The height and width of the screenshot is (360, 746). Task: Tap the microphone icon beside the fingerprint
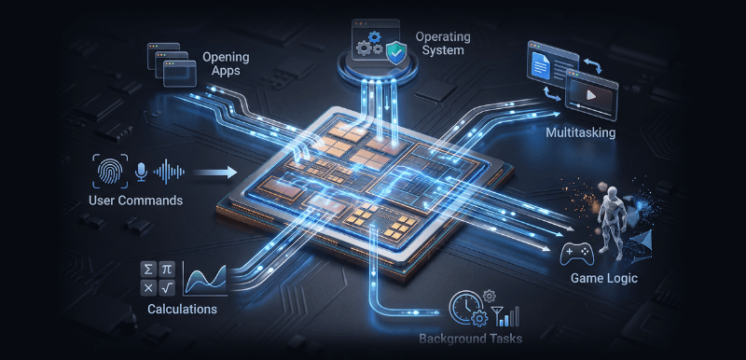[141, 172]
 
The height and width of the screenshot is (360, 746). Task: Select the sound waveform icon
[170, 172]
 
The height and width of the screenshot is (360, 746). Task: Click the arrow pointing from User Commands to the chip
[214, 173]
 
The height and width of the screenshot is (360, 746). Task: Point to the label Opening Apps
[226, 64]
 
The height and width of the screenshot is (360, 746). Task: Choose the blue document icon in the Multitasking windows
[541, 65]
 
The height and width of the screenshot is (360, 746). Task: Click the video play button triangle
[591, 94]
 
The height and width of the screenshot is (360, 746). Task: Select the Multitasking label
[580, 132]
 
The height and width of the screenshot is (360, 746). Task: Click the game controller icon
[575, 254]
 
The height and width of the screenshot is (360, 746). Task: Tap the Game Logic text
[603, 278]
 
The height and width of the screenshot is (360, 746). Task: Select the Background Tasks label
[471, 339]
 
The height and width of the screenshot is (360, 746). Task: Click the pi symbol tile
[167, 270]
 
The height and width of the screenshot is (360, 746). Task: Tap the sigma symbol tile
[148, 270]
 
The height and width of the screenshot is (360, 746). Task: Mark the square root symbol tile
[167, 287]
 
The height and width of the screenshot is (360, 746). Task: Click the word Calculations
[182, 309]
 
